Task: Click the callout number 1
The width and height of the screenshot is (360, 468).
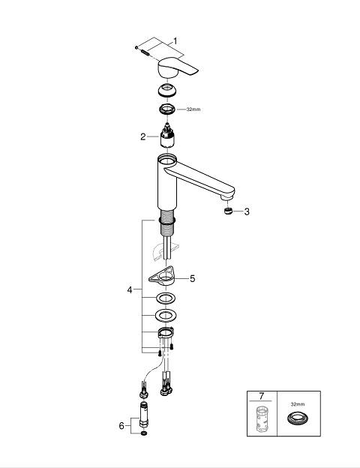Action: point(175,41)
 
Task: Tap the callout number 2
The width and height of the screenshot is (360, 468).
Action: point(143,136)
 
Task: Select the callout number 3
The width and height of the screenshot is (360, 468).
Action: point(247,211)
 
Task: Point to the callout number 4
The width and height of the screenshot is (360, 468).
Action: point(130,289)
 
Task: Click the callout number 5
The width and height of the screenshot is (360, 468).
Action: point(193,279)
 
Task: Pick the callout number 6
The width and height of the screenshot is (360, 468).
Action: point(121,425)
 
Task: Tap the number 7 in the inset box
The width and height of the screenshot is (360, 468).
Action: point(262,396)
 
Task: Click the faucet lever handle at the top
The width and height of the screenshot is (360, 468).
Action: point(178,67)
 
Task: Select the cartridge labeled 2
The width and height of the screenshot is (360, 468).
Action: point(167,135)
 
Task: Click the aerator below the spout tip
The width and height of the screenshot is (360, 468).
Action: point(228,211)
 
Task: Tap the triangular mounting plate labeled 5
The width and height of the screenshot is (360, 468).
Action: point(161,277)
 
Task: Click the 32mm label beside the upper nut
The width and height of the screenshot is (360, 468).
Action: point(193,109)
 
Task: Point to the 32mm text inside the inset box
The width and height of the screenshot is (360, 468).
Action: point(298,404)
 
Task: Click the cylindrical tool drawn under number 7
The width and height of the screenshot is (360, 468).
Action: point(262,418)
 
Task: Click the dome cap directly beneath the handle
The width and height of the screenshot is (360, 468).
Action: point(167,90)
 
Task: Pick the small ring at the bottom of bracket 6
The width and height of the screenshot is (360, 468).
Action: point(143,433)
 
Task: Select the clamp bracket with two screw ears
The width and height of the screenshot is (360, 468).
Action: point(166,332)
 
